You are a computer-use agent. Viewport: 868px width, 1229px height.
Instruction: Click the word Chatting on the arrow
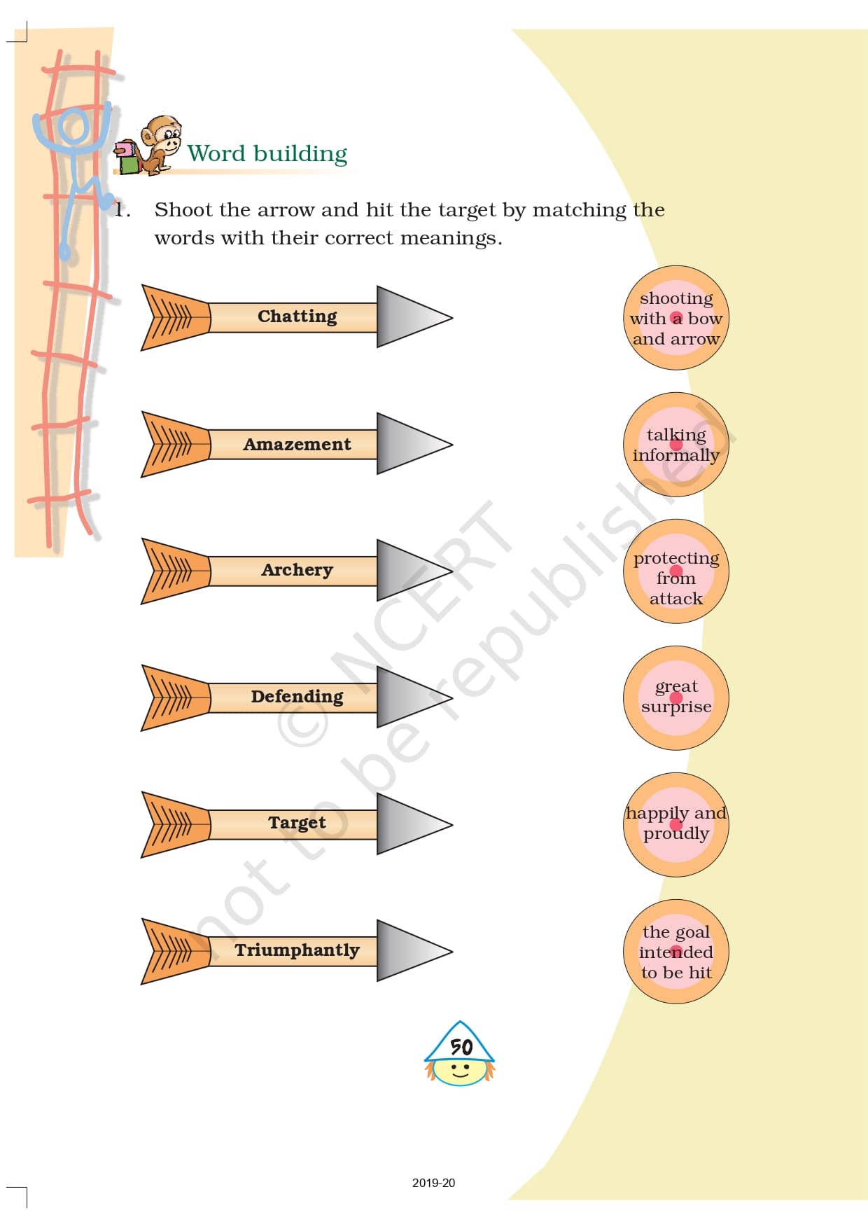(297, 317)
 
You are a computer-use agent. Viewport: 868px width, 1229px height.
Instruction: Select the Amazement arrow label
(297, 444)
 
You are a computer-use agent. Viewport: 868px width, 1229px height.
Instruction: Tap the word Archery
(297, 570)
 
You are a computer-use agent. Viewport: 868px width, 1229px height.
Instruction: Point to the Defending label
(297, 697)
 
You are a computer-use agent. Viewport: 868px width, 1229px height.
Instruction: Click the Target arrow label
(297, 823)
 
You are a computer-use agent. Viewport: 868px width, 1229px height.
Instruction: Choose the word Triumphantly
(297, 950)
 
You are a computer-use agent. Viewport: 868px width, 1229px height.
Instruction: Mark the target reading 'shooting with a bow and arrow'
(676, 318)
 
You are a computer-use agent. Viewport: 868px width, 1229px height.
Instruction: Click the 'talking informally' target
(676, 445)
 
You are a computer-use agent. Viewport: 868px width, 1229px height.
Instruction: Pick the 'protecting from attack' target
(676, 571)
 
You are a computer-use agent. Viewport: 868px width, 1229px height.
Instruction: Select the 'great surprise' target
(676, 697)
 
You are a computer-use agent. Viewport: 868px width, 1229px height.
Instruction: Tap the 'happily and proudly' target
(676, 824)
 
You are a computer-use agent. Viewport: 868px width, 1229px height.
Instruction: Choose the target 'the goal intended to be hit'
(676, 952)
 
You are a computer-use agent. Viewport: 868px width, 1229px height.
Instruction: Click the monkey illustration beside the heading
(151, 145)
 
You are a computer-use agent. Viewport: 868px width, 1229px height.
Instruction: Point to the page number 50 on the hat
(461, 1047)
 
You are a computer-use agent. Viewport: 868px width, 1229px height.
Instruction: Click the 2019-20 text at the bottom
(433, 1183)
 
